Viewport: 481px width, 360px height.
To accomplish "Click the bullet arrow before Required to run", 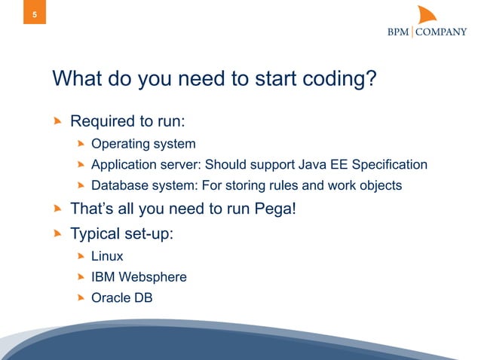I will tap(57, 121).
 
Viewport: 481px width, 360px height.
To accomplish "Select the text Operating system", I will tap(143, 143).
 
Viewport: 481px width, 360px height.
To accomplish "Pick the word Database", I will tap(120, 185).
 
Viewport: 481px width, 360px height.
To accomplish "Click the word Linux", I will tap(107, 256).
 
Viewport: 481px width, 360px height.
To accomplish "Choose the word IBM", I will tap(103, 276).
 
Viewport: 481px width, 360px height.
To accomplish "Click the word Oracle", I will tap(111, 297).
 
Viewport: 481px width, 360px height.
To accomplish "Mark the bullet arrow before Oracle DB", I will tap(81, 297).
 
